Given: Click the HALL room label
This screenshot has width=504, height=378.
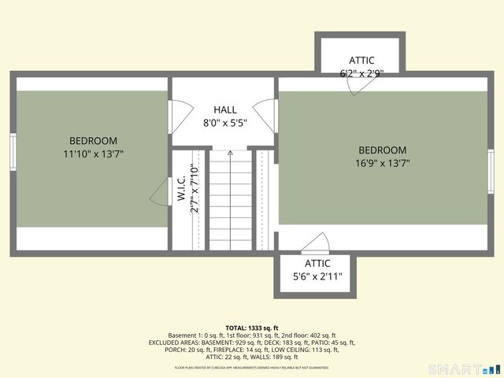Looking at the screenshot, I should pos(224,109).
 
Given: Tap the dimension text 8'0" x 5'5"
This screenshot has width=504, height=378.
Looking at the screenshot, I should pos(224,124).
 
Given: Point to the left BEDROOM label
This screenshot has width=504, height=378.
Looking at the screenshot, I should pos(93,140).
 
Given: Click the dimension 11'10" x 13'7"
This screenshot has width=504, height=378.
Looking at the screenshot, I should pos(93,154).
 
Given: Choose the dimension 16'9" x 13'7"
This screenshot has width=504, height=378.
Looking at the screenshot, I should pos(382,164).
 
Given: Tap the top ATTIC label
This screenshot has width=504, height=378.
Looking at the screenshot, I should pos(361,60).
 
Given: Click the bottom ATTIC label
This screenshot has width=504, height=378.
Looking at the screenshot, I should pos(317,263).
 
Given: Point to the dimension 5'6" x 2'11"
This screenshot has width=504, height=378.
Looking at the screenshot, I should pos(317,277).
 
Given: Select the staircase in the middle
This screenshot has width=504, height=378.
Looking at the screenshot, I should pos(231,201).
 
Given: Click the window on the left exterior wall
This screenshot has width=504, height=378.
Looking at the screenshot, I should pos(13,152).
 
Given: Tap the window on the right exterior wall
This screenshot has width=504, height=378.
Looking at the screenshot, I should pos(491,172).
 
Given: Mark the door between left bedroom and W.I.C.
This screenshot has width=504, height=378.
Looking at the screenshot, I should pos(161,191).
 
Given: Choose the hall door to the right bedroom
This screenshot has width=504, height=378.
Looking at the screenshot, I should pos(267,117).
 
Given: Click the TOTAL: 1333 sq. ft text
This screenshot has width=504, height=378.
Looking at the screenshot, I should pos(251,328).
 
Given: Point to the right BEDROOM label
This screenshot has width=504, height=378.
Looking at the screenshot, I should pos(382,150).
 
